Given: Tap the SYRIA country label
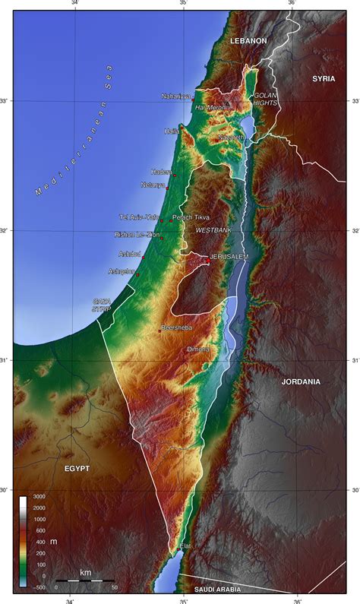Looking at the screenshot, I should pos(324,79).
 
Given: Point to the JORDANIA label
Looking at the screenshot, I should pos(301,381).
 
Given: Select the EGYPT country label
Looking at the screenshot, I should pos(77,469).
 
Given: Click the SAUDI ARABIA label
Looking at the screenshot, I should pos(218,589).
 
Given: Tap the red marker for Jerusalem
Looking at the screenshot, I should pos(208,258).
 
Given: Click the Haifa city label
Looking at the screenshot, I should pos(172,131).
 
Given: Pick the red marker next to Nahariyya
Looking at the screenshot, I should pos(193,97).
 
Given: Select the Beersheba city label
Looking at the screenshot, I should pos(176,327).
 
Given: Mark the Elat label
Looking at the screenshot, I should pos(185,546).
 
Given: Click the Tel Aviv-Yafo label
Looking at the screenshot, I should pos(141,217).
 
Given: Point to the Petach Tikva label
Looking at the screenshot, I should pos(191,217).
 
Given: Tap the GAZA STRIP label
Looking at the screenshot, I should pos(102,305).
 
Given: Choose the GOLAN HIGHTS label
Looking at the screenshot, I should pos(266,100).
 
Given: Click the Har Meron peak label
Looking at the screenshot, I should pos(210,107).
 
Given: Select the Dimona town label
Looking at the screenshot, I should pos(198,349).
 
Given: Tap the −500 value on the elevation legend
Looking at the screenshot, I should pos(37,587).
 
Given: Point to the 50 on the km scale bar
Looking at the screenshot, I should pos(114,587).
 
